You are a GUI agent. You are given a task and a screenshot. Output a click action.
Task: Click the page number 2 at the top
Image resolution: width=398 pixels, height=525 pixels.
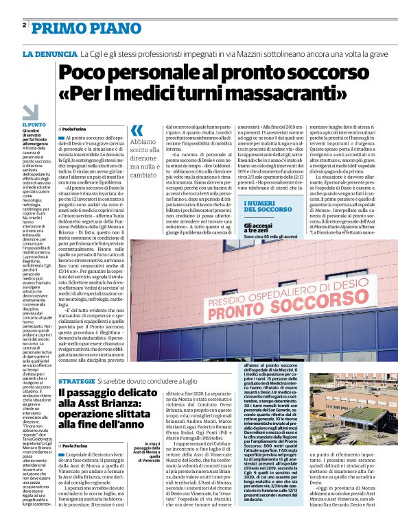coord(25,25)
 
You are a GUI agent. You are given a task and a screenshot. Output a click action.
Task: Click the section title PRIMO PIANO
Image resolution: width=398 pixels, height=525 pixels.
coord(77,27)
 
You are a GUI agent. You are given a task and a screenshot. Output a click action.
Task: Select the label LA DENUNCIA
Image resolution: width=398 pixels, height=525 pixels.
coord(49,53)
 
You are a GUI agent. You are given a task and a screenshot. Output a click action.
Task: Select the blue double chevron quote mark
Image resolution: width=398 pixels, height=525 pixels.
coord(137,130)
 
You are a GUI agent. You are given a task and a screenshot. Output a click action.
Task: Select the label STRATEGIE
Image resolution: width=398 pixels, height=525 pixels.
coord(76,380)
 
